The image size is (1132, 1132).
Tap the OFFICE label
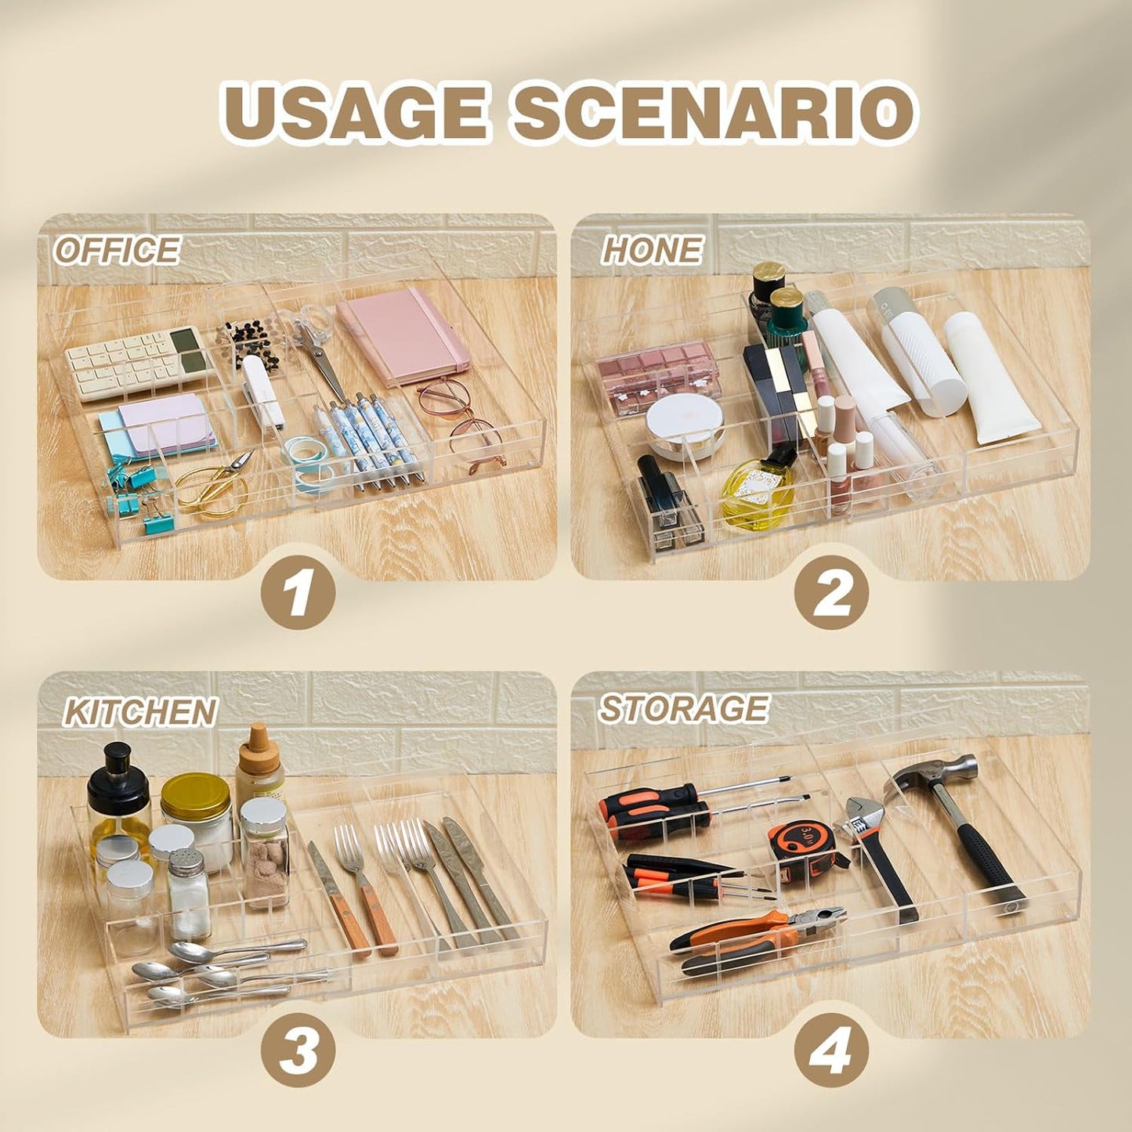click(116, 250)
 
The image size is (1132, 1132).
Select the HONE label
click(651, 250)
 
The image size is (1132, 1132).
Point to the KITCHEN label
click(140, 713)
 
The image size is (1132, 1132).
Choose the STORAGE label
click(683, 708)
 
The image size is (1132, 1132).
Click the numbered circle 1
click(298, 592)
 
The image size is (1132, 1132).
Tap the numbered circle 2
click(830, 592)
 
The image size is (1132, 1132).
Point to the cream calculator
click(139, 363)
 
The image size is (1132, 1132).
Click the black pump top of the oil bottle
click(118, 769)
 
